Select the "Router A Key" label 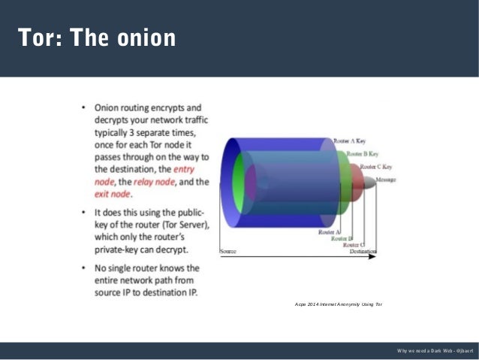point(351,141)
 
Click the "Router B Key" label point(363,153)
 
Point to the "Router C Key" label point(376,167)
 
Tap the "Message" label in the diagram point(386,180)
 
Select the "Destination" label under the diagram point(364,251)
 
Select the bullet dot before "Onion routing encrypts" point(84,108)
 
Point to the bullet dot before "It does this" point(84,213)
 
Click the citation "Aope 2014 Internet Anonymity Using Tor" point(339,304)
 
